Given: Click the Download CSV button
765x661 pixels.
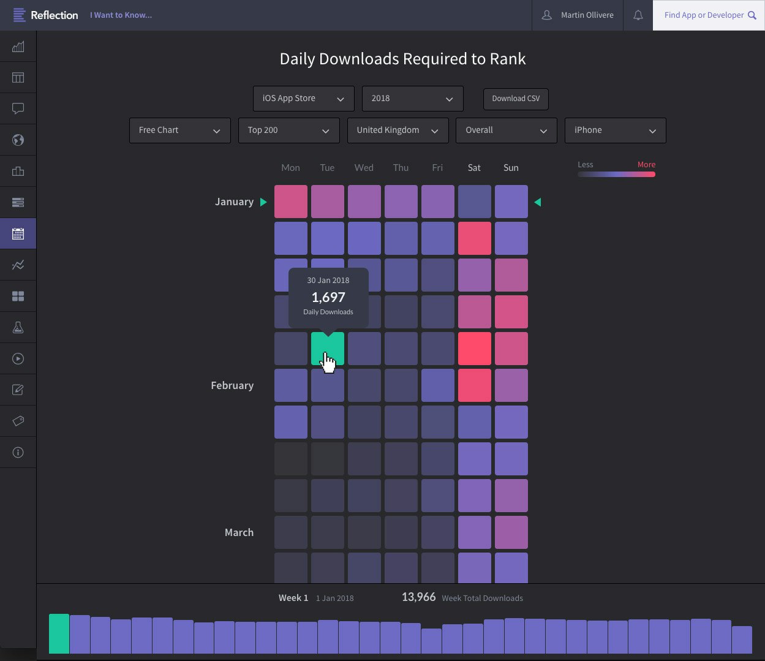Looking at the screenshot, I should [516, 99].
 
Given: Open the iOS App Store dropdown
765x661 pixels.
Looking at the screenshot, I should [303, 99].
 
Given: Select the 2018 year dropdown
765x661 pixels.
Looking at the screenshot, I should [412, 99].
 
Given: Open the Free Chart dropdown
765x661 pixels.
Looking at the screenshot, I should [179, 130].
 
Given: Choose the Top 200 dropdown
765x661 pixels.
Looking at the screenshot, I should [288, 130].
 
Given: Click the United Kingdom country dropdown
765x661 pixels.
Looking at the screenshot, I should [398, 130].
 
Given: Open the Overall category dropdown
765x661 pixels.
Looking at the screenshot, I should [506, 130].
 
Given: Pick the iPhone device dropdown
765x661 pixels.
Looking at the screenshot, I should [615, 130].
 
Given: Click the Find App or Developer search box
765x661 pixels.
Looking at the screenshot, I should [709, 15].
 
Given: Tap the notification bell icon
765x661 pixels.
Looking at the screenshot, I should [638, 15].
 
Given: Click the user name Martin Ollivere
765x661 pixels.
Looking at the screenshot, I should [587, 15].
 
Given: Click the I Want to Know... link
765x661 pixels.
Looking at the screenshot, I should [121, 15].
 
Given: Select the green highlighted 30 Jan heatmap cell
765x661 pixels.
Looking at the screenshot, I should [328, 349].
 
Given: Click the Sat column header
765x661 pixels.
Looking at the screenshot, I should [474, 168].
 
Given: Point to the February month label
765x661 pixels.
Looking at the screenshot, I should [232, 385].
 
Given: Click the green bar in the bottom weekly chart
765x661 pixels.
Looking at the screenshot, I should [59, 633].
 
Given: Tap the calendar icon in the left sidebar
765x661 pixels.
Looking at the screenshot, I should [18, 233].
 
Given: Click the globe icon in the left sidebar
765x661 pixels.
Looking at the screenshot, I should [18, 140].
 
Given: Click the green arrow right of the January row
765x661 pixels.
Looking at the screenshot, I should [538, 202].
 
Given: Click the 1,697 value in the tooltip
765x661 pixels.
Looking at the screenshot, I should [328, 298].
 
